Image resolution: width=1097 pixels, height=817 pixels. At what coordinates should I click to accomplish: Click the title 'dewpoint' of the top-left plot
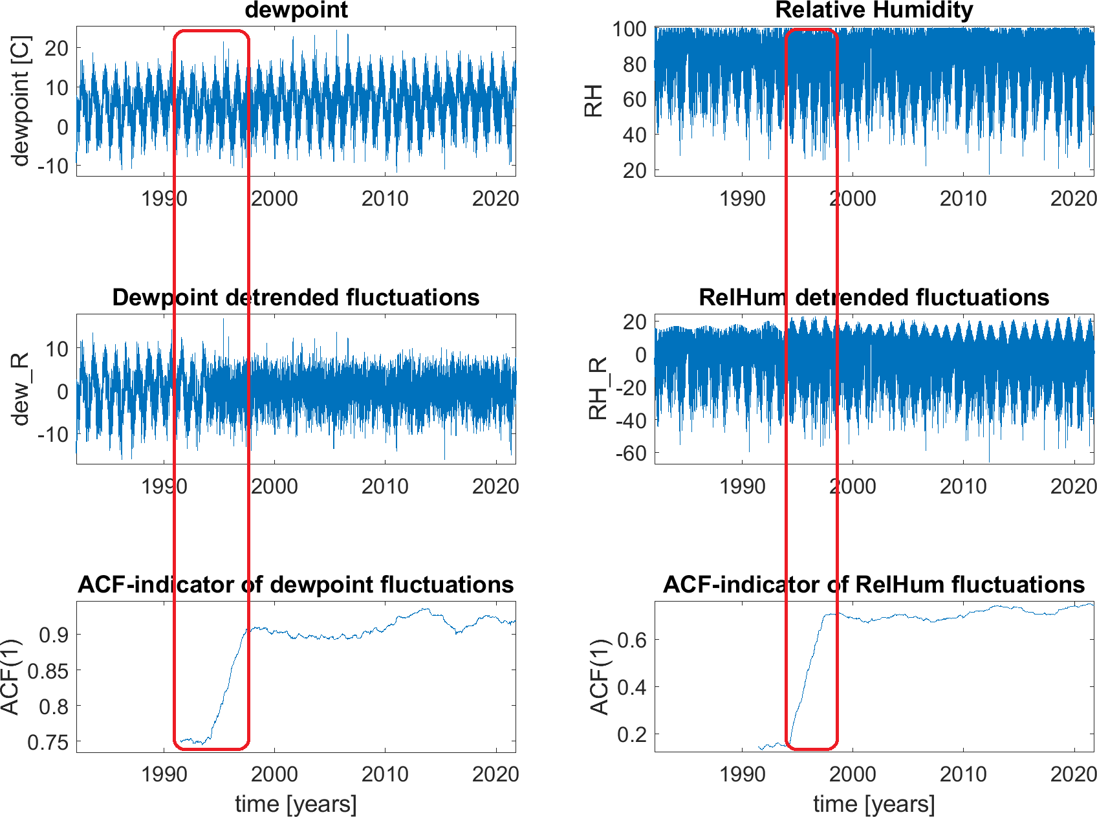[x=296, y=10]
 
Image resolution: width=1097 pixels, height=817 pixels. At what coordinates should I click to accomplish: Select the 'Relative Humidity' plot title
[x=874, y=10]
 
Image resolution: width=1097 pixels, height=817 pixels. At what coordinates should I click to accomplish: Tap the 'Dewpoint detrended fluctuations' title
[x=296, y=298]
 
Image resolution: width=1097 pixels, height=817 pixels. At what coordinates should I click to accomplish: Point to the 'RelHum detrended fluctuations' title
[x=874, y=298]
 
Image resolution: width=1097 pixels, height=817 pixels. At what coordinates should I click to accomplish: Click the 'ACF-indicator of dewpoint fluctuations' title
[x=296, y=585]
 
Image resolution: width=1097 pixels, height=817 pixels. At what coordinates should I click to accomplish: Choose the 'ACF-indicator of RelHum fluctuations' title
[x=874, y=585]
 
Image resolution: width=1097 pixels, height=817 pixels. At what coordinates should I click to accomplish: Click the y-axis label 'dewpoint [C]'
[x=21, y=101]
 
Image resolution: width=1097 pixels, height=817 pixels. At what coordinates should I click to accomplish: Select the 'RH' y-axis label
[x=593, y=101]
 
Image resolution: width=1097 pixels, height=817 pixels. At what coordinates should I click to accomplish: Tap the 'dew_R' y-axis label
[x=21, y=389]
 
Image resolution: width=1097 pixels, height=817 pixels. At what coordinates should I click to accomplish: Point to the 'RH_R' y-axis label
[x=598, y=389]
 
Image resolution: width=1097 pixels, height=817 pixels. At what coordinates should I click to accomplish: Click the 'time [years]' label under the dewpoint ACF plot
[x=296, y=804]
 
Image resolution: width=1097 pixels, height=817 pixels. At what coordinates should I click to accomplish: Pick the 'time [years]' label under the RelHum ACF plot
[x=874, y=804]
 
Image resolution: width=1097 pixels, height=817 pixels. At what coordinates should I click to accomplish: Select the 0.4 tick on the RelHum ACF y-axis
[x=631, y=687]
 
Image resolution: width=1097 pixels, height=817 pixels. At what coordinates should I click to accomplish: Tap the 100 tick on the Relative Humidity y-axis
[x=629, y=29]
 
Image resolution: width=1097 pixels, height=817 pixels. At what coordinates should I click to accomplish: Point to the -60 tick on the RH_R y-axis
[x=630, y=453]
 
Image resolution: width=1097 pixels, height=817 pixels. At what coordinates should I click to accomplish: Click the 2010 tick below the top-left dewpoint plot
[x=385, y=199]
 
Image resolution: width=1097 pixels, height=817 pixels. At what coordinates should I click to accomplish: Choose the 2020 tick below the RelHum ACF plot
[x=1074, y=774]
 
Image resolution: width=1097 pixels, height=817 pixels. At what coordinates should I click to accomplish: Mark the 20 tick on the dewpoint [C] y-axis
[x=57, y=48]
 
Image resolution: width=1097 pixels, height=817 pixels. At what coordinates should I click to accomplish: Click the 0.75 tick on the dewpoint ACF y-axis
[x=48, y=742]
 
